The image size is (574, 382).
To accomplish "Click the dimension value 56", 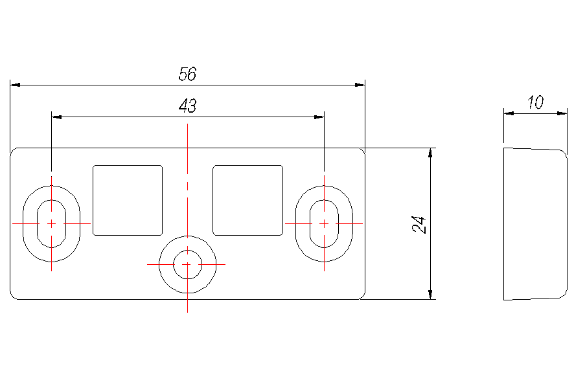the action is (187, 74).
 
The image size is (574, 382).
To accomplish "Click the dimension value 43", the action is (187, 106).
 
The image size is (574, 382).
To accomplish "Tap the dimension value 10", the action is (535, 102).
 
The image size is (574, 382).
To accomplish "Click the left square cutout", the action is (128, 200).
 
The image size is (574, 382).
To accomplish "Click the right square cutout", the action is (248, 200).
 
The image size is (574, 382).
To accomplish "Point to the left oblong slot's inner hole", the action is (52, 223).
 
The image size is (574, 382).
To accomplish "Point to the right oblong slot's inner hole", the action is (324, 223).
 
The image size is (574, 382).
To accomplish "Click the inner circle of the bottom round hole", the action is (187, 264).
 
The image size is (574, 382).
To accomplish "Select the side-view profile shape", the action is (535, 224).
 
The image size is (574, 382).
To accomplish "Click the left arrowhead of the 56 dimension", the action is (16, 85).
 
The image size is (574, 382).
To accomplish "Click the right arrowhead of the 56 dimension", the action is (360, 85).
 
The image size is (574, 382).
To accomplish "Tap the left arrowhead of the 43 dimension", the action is (57, 117).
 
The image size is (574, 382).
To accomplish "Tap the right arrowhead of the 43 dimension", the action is (319, 117).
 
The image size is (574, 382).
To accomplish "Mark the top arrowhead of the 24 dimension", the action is (430, 153).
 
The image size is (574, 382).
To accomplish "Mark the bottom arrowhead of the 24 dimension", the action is (430, 294).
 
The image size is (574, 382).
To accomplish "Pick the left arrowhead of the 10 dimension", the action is (509, 113).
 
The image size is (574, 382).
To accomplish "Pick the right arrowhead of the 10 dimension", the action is (562, 113).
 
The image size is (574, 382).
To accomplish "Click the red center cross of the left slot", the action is (52, 223).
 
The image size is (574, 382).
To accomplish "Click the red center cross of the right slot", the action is (324, 223).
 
